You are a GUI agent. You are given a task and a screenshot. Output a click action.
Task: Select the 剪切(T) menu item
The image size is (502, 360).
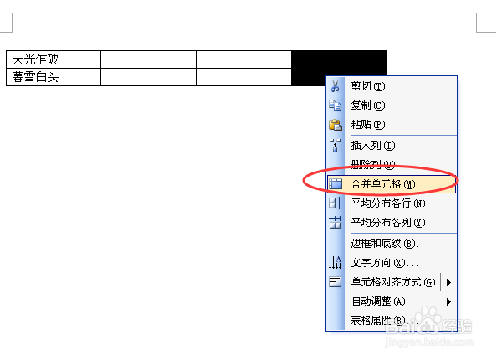[x=368, y=86]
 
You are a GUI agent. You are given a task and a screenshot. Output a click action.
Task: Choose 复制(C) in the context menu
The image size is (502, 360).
[x=368, y=105]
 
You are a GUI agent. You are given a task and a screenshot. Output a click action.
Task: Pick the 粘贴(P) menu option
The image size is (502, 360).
[x=368, y=125]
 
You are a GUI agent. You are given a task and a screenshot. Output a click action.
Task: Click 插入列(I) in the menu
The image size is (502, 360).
[x=373, y=146]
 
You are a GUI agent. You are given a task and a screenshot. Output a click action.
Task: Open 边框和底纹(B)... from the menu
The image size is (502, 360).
[x=390, y=244]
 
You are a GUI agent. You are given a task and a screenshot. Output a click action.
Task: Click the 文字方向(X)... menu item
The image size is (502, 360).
[x=385, y=264]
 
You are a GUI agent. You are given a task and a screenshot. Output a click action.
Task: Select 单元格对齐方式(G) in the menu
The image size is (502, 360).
[x=393, y=282]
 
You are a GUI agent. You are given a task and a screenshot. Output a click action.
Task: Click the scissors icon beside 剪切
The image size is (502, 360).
[x=336, y=86]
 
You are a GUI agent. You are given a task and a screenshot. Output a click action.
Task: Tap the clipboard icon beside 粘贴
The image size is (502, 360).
[x=336, y=125]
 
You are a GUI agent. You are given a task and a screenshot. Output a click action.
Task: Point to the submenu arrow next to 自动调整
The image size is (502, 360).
[x=449, y=301]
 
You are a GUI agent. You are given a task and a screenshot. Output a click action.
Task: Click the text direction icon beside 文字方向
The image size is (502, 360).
[x=336, y=264]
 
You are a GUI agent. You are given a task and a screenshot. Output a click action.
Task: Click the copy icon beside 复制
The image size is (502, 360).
[x=336, y=105]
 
